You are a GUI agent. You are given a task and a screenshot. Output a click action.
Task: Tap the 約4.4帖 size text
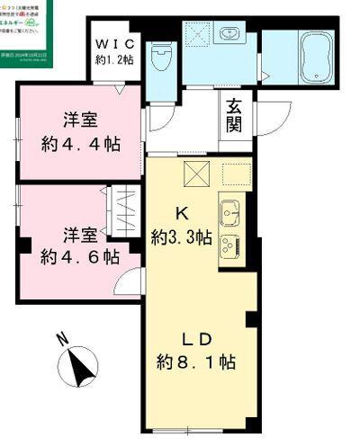pos(81,144)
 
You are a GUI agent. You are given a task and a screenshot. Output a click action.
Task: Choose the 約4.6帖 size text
pos(80,256)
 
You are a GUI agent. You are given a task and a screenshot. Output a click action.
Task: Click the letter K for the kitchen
pos(180,213)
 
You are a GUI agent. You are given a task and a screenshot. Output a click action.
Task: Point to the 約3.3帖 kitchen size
pos(182,237)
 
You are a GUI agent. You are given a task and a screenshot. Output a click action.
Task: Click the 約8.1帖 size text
pos(196,363)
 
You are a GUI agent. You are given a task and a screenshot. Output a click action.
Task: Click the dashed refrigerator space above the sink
pos(234,174)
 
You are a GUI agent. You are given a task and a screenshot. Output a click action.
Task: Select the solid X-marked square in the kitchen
pos(197,174)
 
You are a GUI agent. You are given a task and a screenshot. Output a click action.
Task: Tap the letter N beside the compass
pos(60,340)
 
